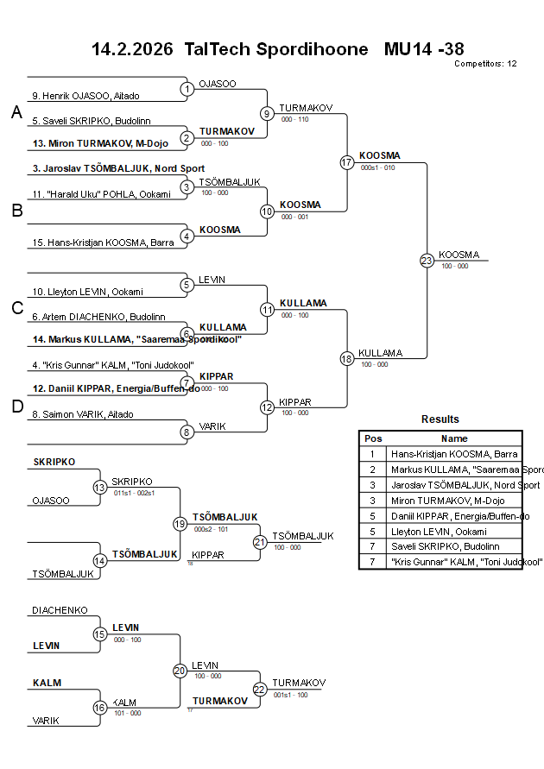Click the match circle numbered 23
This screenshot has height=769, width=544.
427,260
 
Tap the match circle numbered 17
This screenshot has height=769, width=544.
347,162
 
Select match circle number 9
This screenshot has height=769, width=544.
267,113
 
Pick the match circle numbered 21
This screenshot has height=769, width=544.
260,542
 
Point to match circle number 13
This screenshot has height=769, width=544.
99,488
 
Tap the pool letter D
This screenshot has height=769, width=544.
16,407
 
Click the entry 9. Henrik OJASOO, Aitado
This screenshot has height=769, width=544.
85,96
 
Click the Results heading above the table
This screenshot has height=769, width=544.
440,419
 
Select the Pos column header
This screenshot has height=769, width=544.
373,438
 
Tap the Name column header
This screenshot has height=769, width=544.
454,438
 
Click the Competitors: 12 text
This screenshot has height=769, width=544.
485,64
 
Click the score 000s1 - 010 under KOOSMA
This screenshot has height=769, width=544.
377,167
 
